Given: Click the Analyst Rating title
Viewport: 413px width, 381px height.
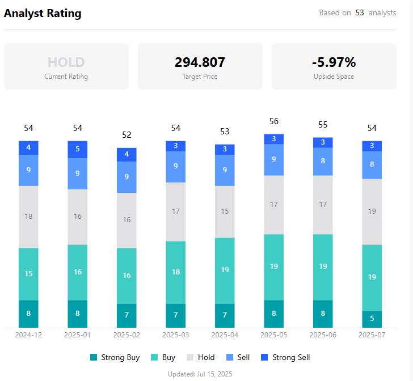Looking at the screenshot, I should pyautogui.click(x=43, y=14).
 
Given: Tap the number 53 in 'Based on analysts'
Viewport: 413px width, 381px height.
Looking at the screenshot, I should pyautogui.click(x=360, y=12).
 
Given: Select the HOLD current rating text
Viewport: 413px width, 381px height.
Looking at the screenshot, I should pyautogui.click(x=66, y=62).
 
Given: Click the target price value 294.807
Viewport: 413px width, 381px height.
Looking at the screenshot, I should pyautogui.click(x=200, y=62).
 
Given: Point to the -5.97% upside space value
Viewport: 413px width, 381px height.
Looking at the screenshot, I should pyautogui.click(x=334, y=62).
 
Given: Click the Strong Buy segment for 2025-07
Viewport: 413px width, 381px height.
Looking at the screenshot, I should pyautogui.click(x=372, y=319).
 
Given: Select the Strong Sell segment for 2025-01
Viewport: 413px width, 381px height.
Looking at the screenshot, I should pyautogui.click(x=78, y=150).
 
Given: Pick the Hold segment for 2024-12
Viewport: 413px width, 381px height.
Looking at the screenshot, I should pyautogui.click(x=28, y=217).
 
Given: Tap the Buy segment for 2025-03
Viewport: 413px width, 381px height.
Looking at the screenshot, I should pyautogui.click(x=176, y=272).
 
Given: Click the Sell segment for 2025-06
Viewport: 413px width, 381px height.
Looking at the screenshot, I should pyautogui.click(x=323, y=161).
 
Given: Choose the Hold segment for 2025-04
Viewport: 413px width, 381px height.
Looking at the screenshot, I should pyautogui.click(x=225, y=211).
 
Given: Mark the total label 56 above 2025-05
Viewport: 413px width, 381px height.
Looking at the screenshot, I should pyautogui.click(x=274, y=121).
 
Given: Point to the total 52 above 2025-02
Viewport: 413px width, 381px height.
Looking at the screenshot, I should pyautogui.click(x=127, y=135).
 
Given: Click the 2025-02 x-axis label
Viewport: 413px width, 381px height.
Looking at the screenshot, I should pyautogui.click(x=127, y=335).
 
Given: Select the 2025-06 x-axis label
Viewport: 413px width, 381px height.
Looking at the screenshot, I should pyautogui.click(x=323, y=335).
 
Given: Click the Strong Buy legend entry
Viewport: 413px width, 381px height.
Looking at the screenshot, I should pyautogui.click(x=115, y=357).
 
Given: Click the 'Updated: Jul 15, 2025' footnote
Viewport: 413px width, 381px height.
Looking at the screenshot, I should pyautogui.click(x=200, y=374).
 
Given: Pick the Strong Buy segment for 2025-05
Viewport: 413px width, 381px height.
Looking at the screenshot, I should pyautogui.click(x=274, y=314).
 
